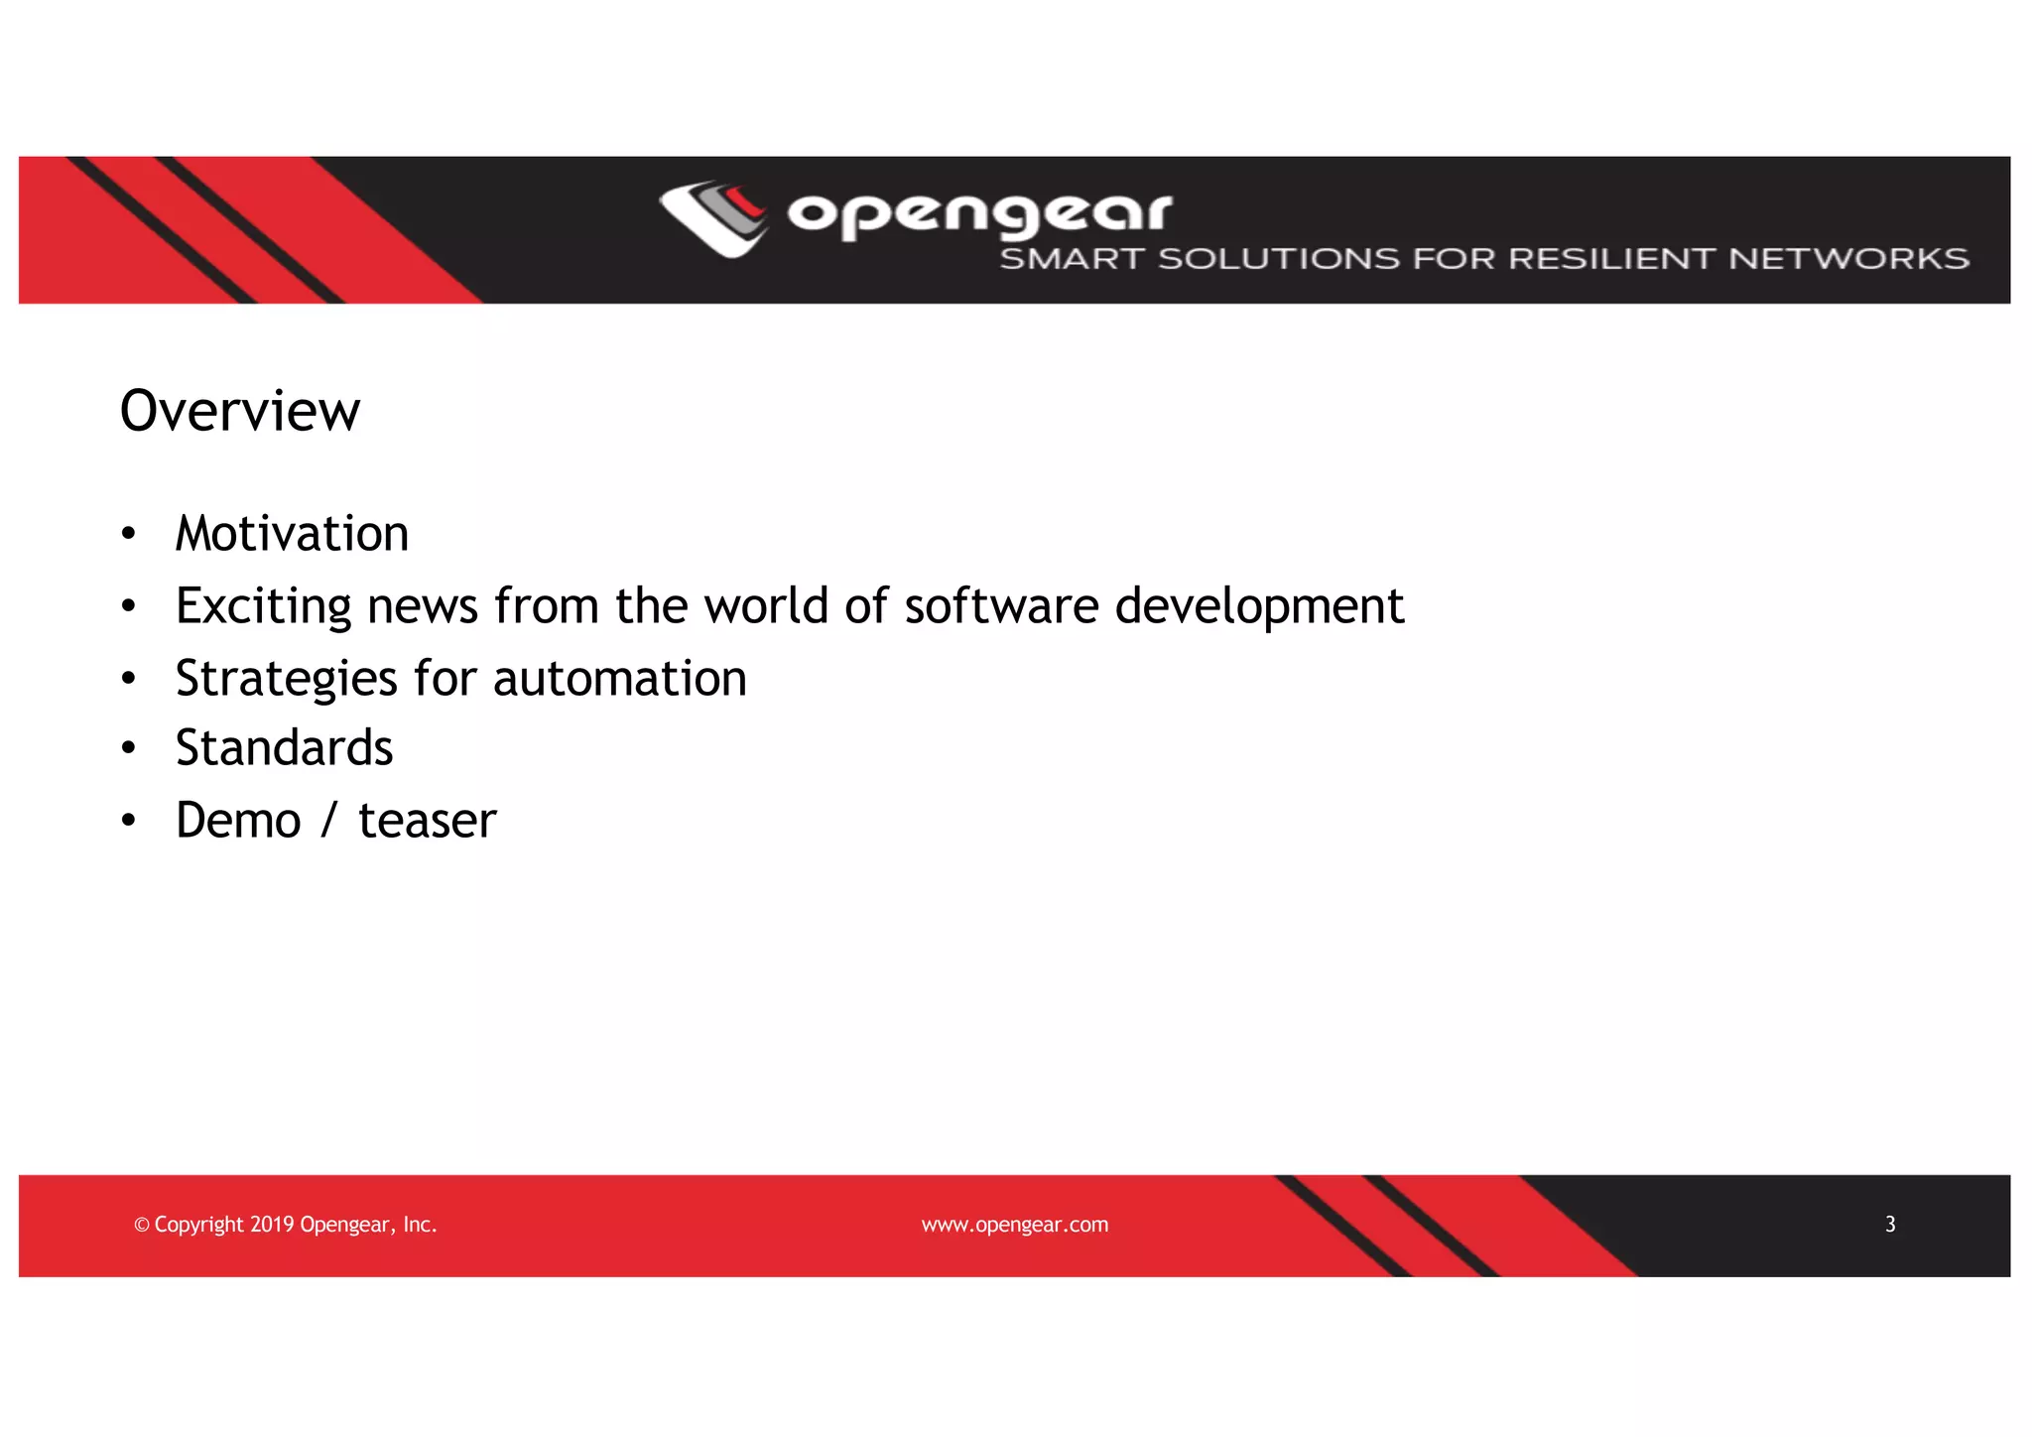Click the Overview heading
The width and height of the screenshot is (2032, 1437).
pos(240,411)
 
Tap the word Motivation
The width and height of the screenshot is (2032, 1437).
pos(292,534)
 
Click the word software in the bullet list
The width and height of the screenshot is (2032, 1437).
pos(1001,606)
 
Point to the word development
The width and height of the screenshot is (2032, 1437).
pos(1259,606)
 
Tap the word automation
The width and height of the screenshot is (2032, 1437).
pos(619,680)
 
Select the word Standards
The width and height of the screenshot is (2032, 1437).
pos(284,748)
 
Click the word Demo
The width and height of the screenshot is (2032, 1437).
pos(238,821)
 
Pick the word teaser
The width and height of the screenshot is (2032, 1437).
pos(427,821)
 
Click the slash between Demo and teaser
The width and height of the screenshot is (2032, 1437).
pos(329,821)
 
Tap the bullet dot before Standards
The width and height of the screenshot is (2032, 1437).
pos(128,749)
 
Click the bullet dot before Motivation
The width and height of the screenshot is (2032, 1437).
pos(128,535)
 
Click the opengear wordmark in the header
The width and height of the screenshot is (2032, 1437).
pos(979,214)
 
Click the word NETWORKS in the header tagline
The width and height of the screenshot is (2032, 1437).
pos(1848,259)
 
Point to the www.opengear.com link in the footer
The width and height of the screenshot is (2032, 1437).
pos(1014,1225)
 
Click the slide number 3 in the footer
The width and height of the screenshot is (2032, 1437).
pos(1890,1225)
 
